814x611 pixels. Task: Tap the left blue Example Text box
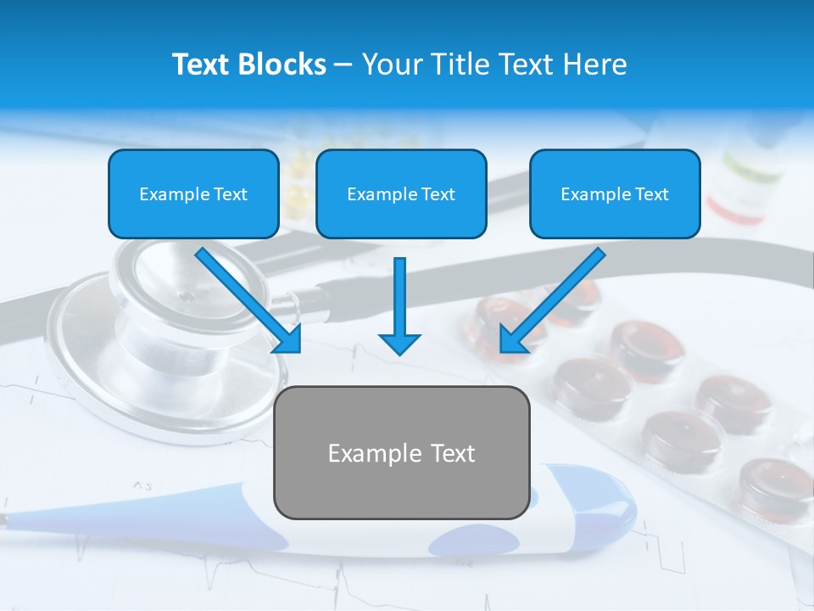(x=193, y=193)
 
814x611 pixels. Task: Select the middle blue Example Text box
(x=401, y=193)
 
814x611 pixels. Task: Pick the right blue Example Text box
(x=615, y=193)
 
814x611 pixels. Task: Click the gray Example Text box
(x=401, y=452)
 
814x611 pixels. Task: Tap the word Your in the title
(x=393, y=64)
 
